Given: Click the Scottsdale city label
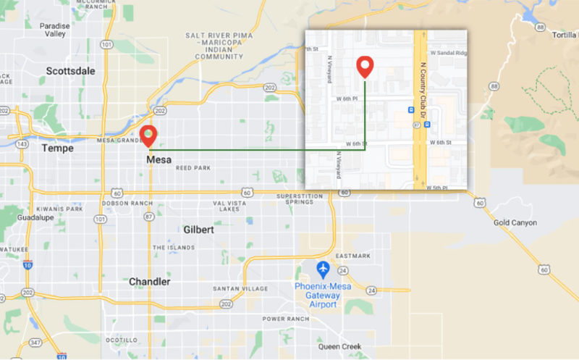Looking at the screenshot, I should [x=70, y=71].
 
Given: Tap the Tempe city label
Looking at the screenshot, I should [x=58, y=147].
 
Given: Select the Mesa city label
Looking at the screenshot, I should [x=159, y=160].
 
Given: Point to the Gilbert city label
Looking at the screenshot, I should [x=198, y=230].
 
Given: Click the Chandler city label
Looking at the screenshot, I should [x=150, y=281].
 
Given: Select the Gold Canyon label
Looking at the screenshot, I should [x=515, y=222].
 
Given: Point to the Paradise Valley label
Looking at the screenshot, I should [x=55, y=29].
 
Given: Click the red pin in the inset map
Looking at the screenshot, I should [x=365, y=66].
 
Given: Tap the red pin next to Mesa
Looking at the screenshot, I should [x=149, y=135].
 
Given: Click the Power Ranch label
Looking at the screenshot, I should [x=285, y=319].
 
